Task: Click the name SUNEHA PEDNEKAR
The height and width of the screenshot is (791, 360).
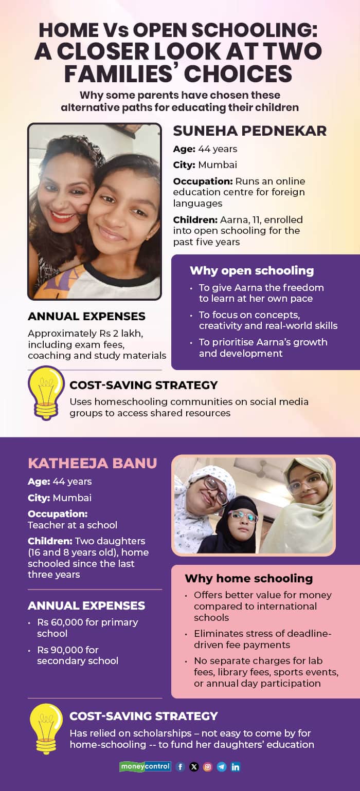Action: click(x=249, y=131)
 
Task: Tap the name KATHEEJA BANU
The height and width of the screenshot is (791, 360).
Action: click(x=92, y=463)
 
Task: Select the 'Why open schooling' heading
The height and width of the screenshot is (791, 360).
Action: click(x=251, y=270)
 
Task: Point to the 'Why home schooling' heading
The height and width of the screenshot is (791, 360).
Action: click(x=248, y=578)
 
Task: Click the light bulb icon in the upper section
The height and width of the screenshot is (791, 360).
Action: click(x=47, y=392)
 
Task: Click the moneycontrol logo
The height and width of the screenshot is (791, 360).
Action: click(x=145, y=766)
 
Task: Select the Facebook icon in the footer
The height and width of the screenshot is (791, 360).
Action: click(x=180, y=767)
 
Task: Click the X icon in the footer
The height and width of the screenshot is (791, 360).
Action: click(x=194, y=767)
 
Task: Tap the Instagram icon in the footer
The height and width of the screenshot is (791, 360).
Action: click(x=208, y=767)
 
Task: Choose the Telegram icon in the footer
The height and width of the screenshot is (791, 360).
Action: click(x=222, y=767)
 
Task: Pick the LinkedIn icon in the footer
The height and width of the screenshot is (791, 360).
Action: click(x=236, y=767)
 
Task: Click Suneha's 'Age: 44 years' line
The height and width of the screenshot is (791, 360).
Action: click(x=205, y=149)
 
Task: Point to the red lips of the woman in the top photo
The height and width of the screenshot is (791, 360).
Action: click(x=62, y=216)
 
